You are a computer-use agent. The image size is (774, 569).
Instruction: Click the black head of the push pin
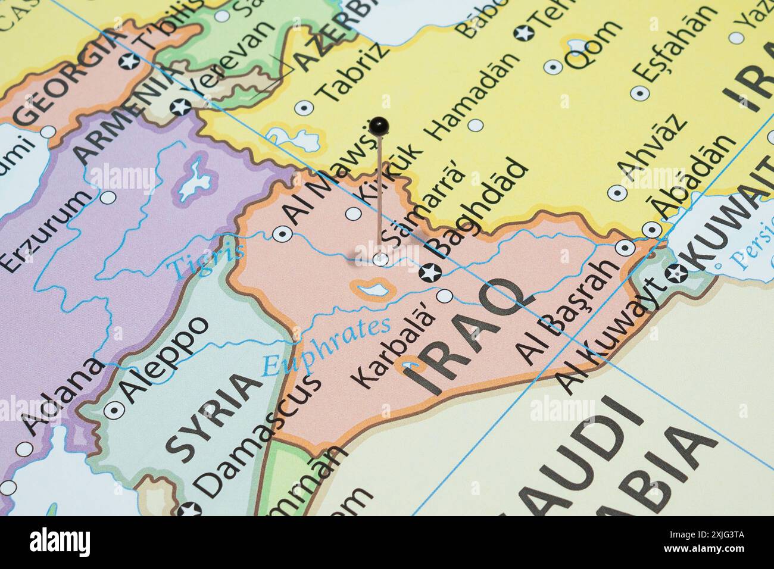379,126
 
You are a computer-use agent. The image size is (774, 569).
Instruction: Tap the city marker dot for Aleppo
113,409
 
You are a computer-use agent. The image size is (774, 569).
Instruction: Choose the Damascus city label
259,434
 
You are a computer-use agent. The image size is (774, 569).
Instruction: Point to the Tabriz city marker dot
304,108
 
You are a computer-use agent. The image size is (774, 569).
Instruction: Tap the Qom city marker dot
551,66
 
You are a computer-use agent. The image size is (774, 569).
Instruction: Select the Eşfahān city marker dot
639,93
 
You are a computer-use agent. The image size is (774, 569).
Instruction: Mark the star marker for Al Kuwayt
676,274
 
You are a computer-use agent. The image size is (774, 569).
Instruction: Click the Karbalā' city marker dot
445,296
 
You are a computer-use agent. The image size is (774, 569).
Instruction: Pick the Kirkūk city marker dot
354,213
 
